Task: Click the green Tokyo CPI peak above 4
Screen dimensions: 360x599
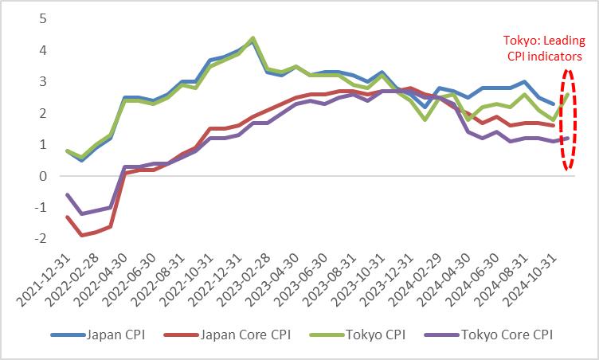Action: tap(253, 38)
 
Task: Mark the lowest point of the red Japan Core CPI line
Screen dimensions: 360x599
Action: tap(80, 235)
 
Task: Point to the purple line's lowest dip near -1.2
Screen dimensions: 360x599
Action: tap(80, 213)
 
